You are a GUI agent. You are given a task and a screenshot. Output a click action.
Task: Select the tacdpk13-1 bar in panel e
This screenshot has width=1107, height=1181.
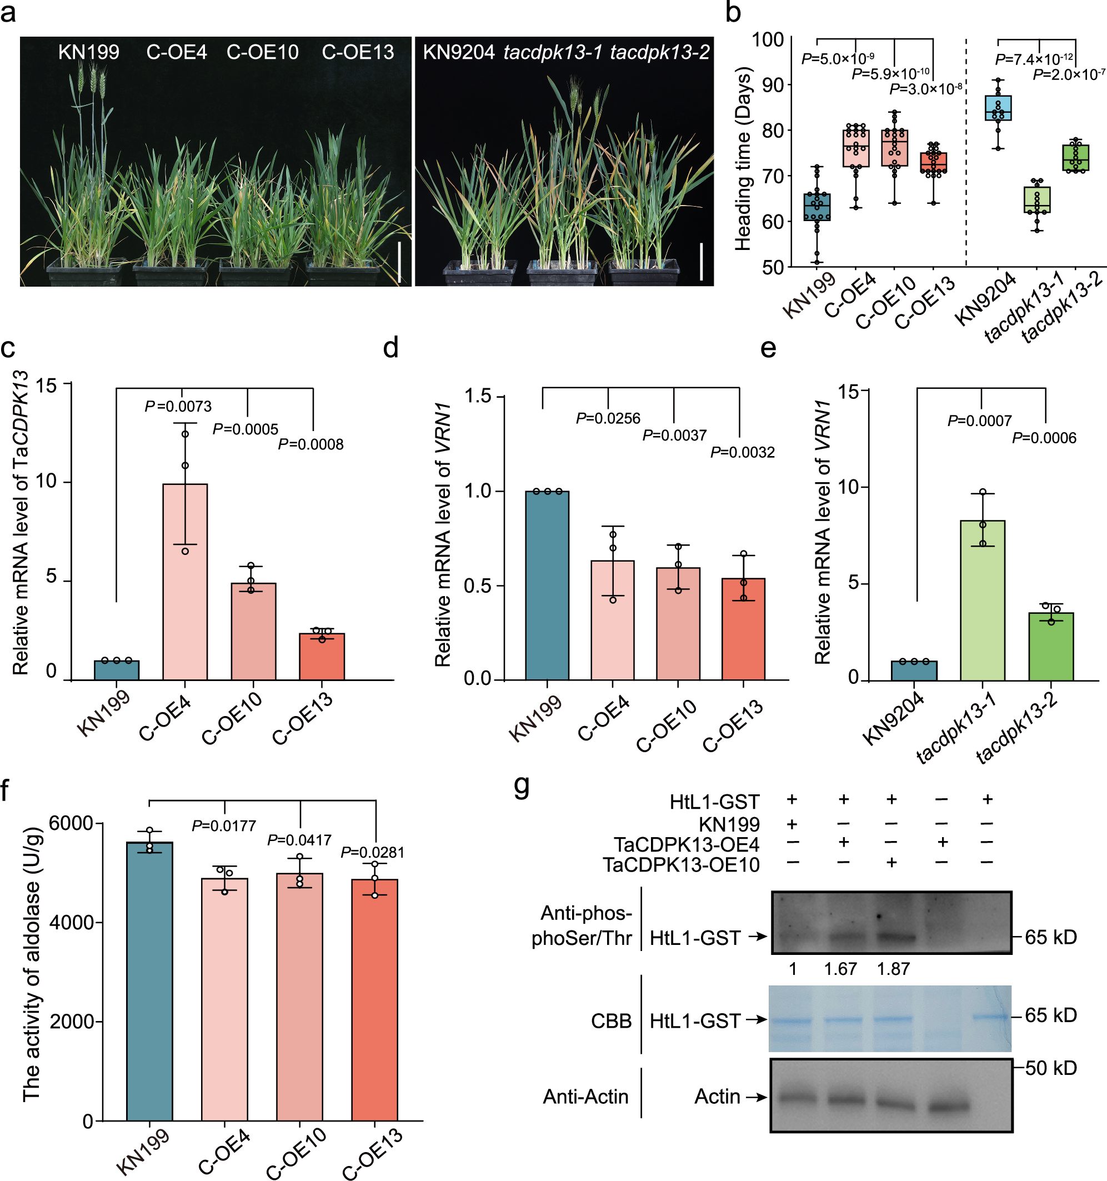click(x=982, y=600)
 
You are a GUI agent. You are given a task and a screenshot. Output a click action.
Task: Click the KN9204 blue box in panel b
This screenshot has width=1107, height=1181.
click(x=998, y=108)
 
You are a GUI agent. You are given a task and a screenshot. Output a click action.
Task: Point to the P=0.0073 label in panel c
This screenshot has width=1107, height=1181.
click(x=178, y=406)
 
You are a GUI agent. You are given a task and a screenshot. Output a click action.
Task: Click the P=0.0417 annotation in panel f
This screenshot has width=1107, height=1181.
click(x=299, y=840)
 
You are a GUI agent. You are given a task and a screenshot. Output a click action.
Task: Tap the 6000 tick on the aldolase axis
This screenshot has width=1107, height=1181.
click(x=71, y=823)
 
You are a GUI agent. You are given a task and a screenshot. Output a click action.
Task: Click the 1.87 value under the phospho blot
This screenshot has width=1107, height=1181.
click(x=893, y=969)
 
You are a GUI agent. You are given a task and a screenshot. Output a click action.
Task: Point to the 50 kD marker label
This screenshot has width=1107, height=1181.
click(x=1050, y=1068)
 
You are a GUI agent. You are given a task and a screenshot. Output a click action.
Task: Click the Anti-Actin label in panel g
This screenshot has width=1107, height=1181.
click(x=585, y=1097)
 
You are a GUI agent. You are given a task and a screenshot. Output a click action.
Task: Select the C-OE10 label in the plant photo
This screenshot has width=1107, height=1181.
click(x=263, y=52)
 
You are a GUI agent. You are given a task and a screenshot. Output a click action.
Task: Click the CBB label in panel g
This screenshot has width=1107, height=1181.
click(x=611, y=1021)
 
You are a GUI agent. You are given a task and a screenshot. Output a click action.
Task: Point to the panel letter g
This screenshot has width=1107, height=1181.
click(x=522, y=787)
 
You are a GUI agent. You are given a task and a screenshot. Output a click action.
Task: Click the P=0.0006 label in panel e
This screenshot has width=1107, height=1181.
click(x=1044, y=438)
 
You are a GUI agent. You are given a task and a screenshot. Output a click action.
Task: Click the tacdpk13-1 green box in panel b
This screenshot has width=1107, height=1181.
click(x=1037, y=200)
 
